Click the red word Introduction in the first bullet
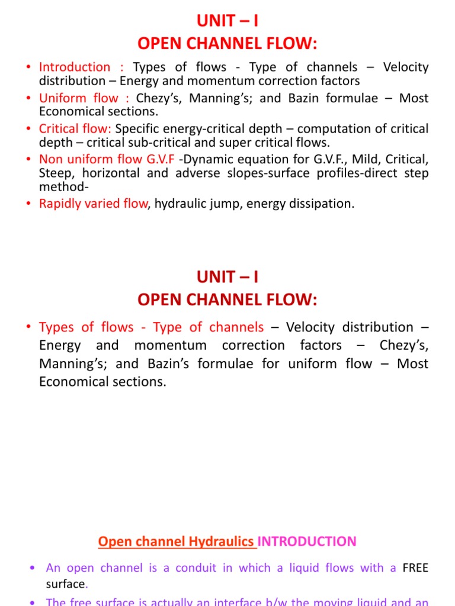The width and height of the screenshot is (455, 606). coord(75,67)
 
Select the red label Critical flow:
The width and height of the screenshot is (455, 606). coord(75,129)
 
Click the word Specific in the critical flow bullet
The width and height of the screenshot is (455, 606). coord(138,129)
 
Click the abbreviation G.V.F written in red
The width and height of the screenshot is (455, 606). coord(157,160)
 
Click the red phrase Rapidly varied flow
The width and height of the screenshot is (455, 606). coord(92,204)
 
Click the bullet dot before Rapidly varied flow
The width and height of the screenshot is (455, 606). coord(30,204)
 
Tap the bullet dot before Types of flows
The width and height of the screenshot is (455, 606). coord(30,328)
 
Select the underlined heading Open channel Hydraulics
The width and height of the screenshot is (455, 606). coord(177,541)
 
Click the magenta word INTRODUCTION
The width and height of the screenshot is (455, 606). coord(307,541)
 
